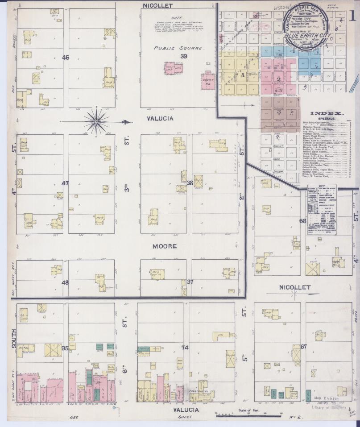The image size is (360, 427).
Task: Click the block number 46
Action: (x=66, y=58)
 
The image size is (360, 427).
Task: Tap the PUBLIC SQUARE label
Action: (x=178, y=48)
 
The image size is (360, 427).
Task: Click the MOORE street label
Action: (x=165, y=246)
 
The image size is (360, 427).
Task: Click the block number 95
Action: (x=65, y=348)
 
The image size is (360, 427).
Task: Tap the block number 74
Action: (x=185, y=348)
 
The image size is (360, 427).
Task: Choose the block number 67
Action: (x=304, y=347)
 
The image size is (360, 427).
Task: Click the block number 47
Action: (x=66, y=183)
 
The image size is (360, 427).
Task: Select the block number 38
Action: (x=190, y=182)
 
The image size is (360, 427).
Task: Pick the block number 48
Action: (x=65, y=282)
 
